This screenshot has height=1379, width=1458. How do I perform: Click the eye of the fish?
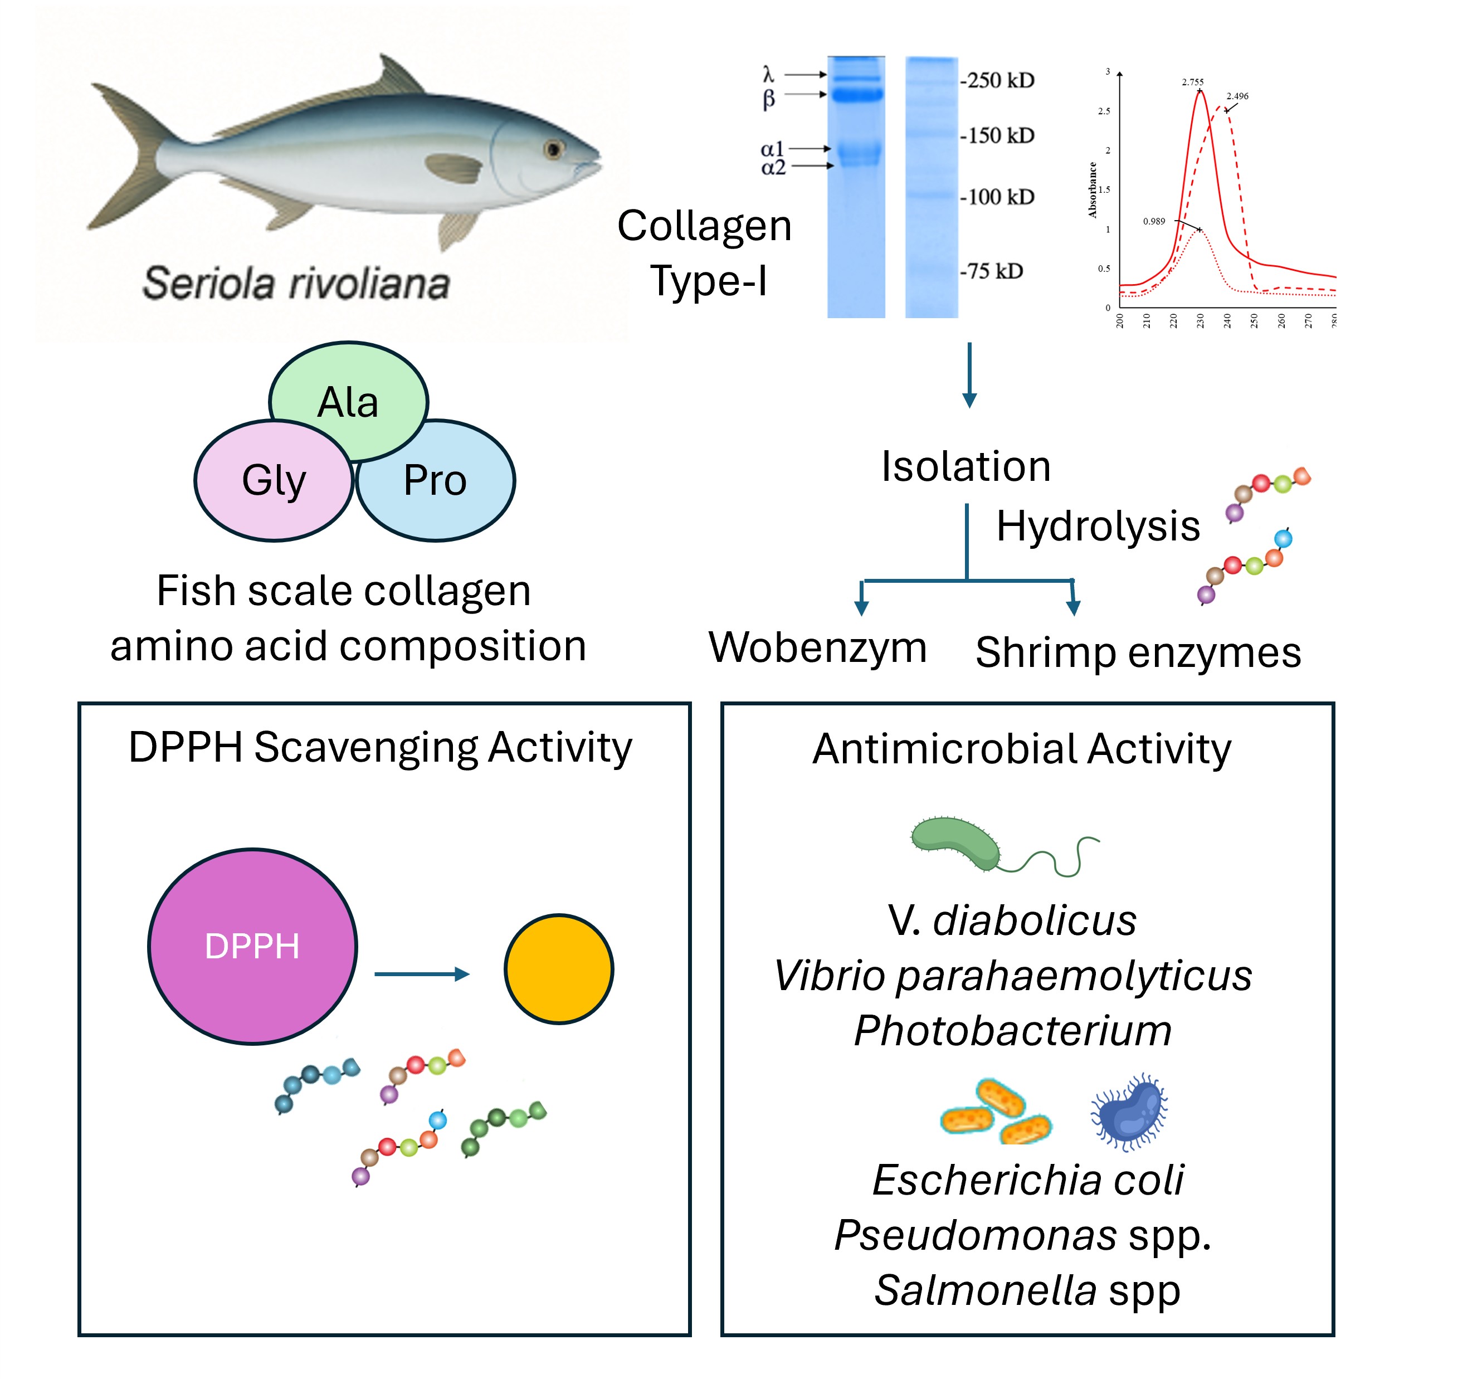pyautogui.click(x=553, y=150)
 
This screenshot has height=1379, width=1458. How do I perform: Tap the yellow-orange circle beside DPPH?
pyautogui.click(x=558, y=969)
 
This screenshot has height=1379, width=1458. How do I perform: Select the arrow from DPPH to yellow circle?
pyautogui.click(x=422, y=974)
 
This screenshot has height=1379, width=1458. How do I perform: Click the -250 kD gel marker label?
pyautogui.click(x=997, y=80)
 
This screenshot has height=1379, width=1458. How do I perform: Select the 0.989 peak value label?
pyautogui.click(x=1154, y=221)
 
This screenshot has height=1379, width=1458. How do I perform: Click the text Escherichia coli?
pyautogui.click(x=1027, y=1181)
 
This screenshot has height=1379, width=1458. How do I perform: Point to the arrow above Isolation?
pyautogui.click(x=969, y=374)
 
